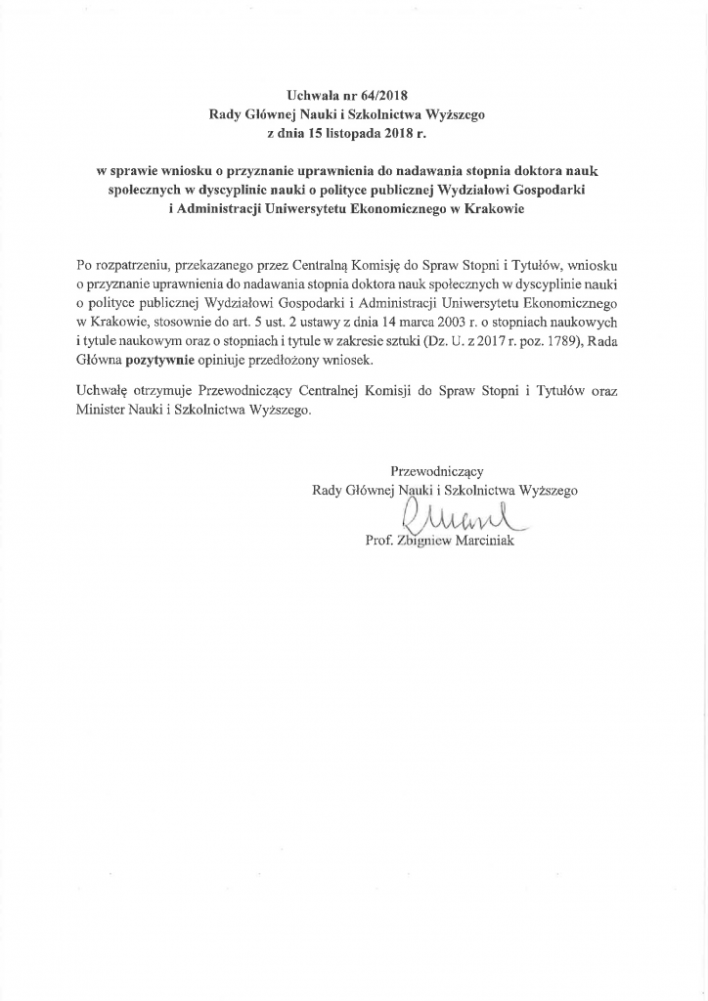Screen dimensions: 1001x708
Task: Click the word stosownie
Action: click(176, 322)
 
